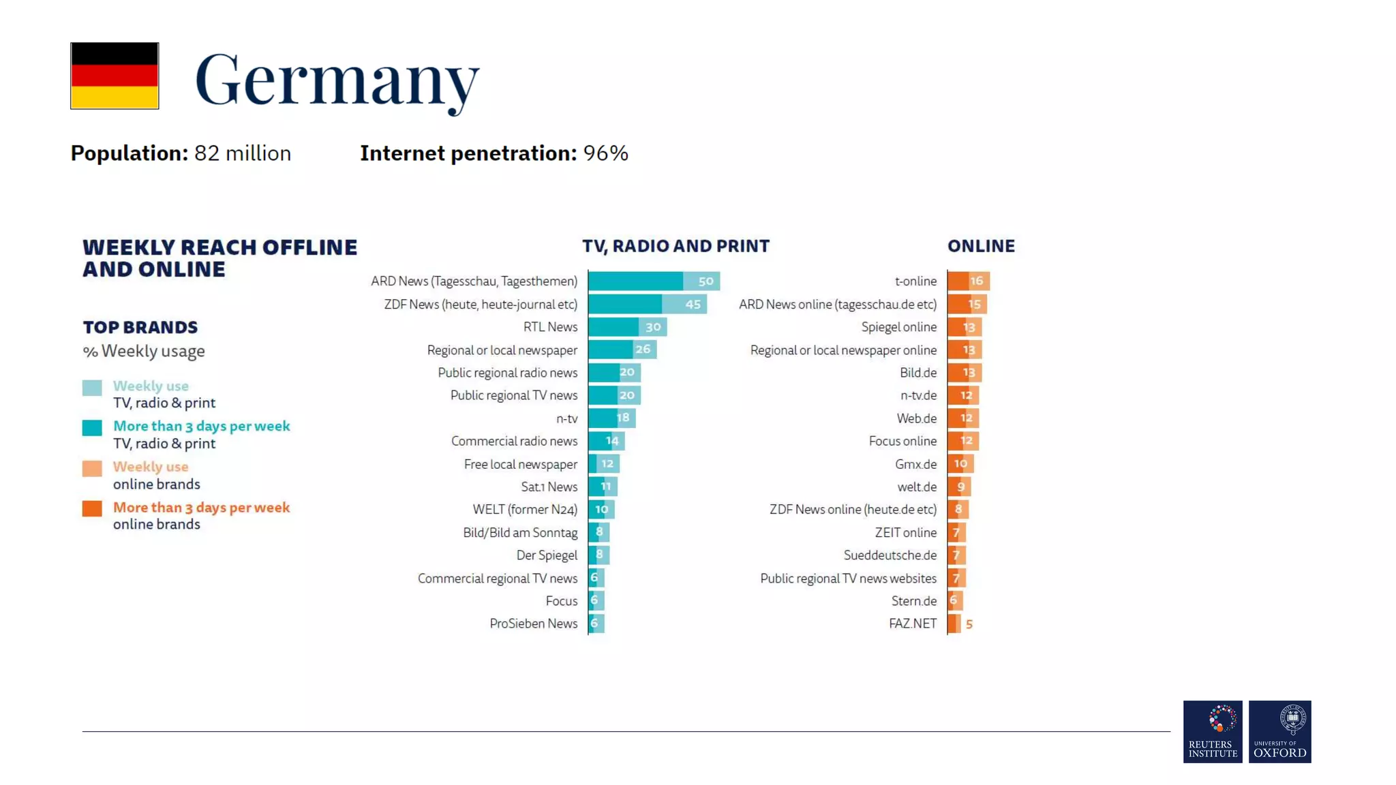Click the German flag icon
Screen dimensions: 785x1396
115,76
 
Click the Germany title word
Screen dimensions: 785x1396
337,80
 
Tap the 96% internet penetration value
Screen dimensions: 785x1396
605,153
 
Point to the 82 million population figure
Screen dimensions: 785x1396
242,153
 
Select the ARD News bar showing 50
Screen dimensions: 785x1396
653,281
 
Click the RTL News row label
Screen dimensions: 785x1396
550,327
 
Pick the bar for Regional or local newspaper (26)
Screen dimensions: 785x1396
622,350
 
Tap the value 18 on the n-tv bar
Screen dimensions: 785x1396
622,418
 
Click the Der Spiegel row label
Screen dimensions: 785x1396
547,555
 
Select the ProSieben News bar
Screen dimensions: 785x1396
596,624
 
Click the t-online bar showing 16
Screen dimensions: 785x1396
968,281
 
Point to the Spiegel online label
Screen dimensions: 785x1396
898,327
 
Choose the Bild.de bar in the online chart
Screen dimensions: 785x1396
964,373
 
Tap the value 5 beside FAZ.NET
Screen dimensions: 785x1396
969,624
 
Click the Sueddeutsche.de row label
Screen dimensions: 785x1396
890,555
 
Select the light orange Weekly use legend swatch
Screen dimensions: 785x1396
92,468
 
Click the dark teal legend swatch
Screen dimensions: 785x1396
92,428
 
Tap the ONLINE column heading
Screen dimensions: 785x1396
981,246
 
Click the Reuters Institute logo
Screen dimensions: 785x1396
1213,731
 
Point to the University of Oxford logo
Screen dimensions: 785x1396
1279,731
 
